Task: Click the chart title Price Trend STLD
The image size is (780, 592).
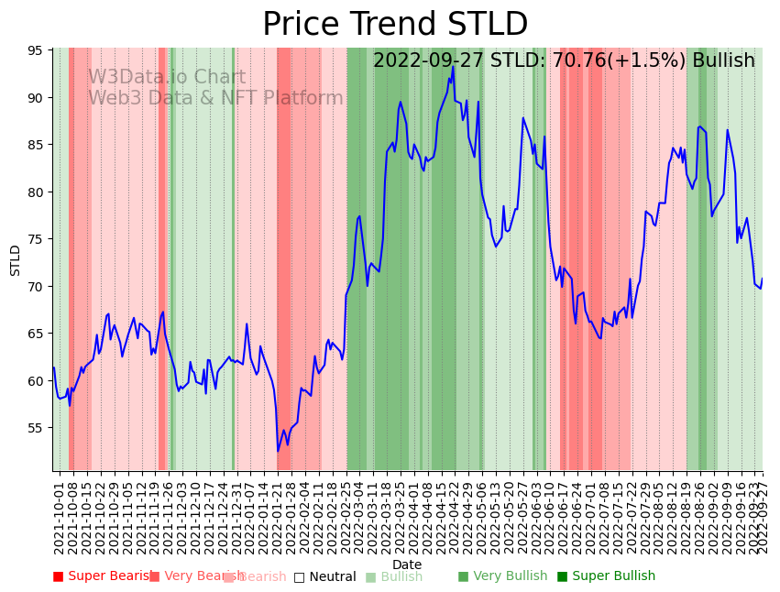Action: point(395,25)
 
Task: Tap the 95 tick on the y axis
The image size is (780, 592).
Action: point(38,50)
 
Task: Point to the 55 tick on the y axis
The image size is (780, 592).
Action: point(38,428)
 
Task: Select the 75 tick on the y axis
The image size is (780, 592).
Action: point(38,239)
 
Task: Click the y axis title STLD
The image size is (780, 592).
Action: point(16,260)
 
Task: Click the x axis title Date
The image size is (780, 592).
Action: point(407,565)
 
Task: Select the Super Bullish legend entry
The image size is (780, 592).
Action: point(606,576)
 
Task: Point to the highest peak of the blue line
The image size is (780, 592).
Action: point(453,66)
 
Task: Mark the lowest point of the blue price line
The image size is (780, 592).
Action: point(278,451)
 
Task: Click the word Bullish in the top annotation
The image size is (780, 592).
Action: point(723,60)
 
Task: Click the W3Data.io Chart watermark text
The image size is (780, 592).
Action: point(167,78)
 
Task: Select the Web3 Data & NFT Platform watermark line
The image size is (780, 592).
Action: point(215,98)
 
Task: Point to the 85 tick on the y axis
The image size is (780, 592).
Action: point(38,145)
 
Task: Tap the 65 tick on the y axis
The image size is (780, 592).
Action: point(38,334)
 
